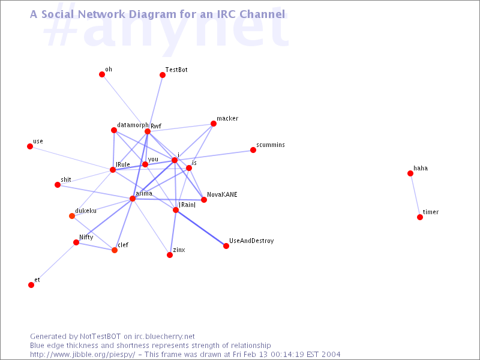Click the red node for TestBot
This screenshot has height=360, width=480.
(163, 75)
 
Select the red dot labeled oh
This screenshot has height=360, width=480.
(102, 74)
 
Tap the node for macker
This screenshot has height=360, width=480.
(214, 124)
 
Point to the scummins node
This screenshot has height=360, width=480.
(253, 150)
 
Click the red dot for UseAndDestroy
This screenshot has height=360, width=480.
(226, 246)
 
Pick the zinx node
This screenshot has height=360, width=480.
(170, 255)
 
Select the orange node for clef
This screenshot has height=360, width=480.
(115, 250)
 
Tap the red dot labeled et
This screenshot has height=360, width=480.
(31, 285)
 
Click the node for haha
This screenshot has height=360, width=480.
(410, 173)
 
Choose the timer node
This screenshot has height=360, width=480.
(420, 217)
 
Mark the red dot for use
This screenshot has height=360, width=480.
(30, 146)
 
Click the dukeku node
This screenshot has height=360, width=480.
(72, 216)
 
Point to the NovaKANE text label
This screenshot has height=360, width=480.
(222, 194)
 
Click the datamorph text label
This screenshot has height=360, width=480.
(133, 125)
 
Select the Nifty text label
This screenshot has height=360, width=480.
(86, 237)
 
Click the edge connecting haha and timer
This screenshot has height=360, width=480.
(415, 196)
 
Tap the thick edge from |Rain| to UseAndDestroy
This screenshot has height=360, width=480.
(201, 228)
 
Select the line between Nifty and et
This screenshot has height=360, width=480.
(53, 264)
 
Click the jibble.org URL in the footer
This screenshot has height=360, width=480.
(83, 355)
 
